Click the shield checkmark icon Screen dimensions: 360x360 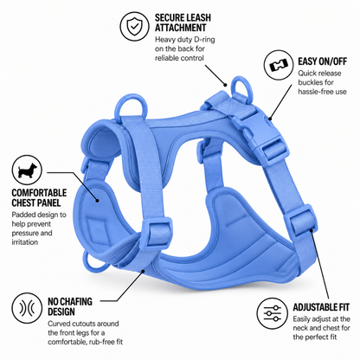[134, 25]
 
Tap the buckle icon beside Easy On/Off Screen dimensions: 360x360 [279, 65]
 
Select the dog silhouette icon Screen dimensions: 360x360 [28, 170]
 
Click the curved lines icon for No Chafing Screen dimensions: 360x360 [28, 308]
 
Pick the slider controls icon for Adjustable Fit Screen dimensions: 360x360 [273, 313]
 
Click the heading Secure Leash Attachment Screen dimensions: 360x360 [183, 22]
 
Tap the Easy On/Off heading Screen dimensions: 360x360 [322, 61]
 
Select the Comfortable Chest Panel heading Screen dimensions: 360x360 [39, 197]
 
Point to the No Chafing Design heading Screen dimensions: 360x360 [70, 306]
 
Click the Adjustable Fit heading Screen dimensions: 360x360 [321, 307]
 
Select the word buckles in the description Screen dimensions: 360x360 [312, 82]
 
